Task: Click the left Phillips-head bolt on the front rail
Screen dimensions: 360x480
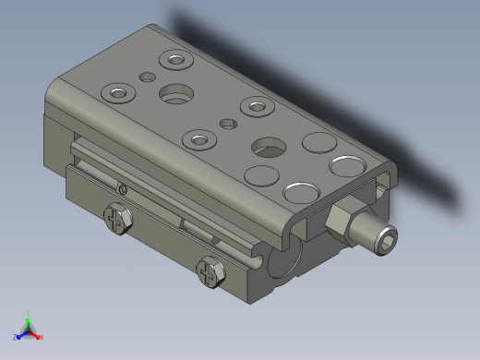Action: (x=117, y=221)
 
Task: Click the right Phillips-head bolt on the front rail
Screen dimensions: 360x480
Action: (x=211, y=272)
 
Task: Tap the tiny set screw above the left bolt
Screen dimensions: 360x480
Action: (x=124, y=190)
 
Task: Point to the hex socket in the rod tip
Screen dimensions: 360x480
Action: (x=389, y=241)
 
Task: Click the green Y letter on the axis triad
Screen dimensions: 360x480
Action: (x=29, y=314)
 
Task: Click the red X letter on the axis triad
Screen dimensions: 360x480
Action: (x=42, y=337)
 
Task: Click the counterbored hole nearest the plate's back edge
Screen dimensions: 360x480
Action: (x=174, y=61)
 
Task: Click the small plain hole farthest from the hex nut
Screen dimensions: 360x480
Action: (x=144, y=77)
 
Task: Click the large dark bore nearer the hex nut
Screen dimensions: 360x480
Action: (x=270, y=147)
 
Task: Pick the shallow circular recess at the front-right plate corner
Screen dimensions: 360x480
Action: (x=301, y=192)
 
